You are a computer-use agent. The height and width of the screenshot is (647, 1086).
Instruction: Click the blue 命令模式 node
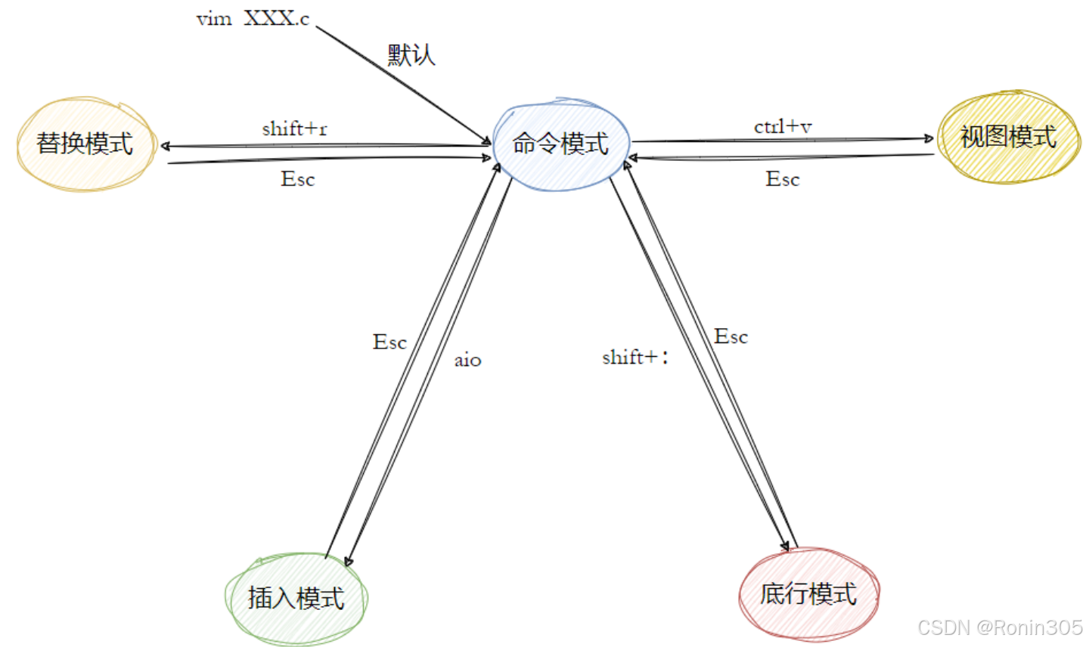pos(560,144)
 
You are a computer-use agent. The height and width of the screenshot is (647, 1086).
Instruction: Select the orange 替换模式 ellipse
pos(85,144)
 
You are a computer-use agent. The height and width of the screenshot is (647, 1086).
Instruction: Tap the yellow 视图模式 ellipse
pos(1008,137)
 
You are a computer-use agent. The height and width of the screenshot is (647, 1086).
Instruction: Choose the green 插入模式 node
pos(296,598)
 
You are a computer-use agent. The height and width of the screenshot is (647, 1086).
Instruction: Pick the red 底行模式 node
pos(808,594)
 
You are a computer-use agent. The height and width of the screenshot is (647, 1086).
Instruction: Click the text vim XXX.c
pos(253,19)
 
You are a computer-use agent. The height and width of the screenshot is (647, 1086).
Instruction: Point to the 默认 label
pos(411,54)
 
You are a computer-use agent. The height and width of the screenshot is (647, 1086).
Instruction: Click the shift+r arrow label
pos(294,128)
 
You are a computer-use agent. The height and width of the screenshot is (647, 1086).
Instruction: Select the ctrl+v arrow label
pos(782,126)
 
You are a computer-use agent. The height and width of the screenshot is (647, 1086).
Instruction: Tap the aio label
pos(467,361)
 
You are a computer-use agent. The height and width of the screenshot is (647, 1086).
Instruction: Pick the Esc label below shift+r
pos(297,179)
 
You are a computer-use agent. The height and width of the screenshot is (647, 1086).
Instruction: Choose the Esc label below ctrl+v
pos(782,179)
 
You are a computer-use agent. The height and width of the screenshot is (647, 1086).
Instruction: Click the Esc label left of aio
pos(389,342)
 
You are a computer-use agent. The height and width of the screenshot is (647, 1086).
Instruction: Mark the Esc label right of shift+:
pos(731,336)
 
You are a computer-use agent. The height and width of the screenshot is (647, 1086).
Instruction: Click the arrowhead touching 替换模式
pos(165,146)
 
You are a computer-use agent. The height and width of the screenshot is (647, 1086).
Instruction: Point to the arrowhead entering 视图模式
pos(929,138)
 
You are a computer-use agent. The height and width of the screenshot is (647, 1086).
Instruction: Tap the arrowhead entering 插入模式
pos(348,561)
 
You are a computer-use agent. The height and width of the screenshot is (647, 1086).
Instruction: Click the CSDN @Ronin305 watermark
pos(1000,627)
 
